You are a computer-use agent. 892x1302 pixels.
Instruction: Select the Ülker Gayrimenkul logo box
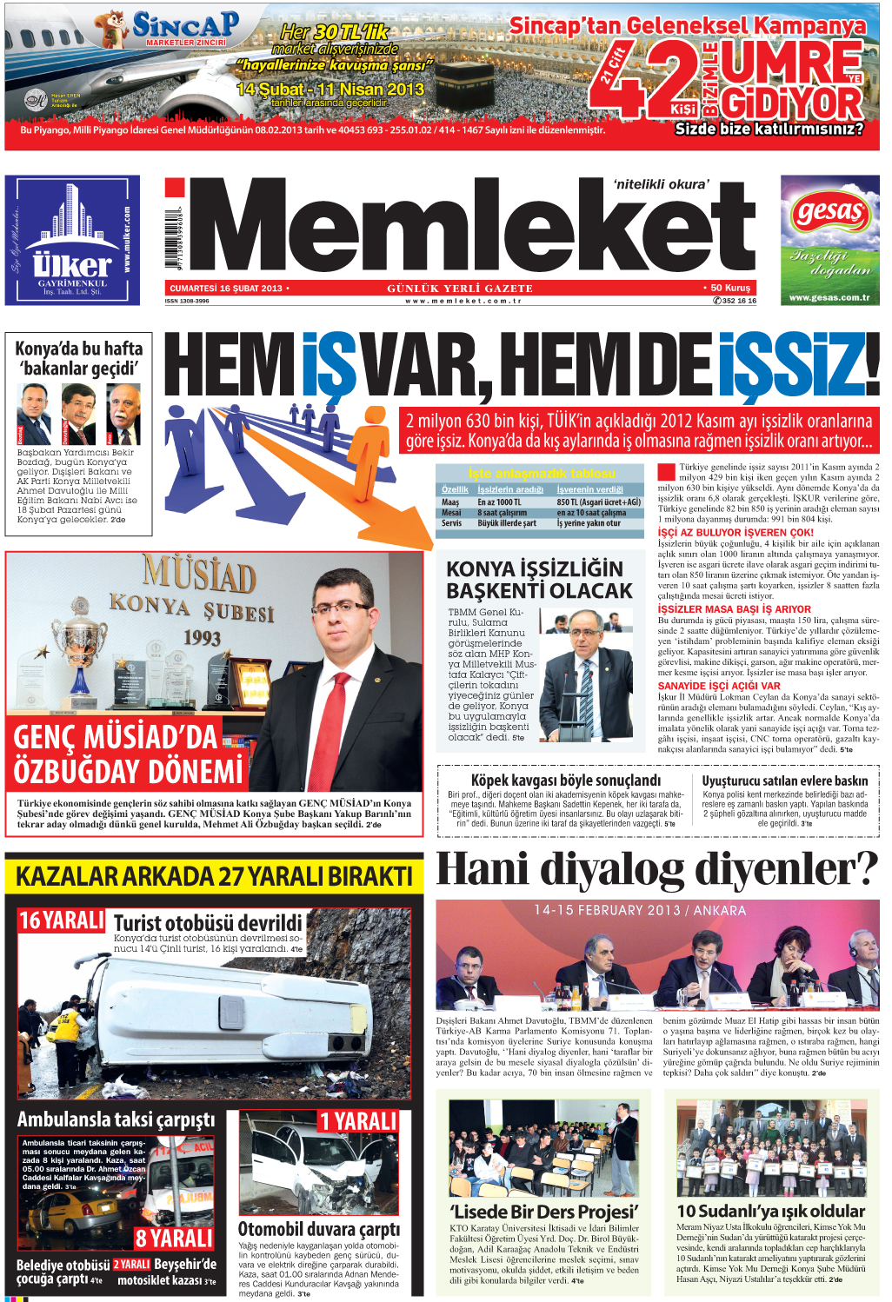(72, 240)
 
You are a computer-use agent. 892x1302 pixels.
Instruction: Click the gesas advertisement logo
(829, 211)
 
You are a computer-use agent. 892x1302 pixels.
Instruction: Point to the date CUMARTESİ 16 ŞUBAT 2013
(226, 289)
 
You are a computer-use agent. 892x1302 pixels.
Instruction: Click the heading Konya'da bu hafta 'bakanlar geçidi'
(78, 358)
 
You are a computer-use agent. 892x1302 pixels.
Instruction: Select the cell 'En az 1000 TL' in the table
(500, 502)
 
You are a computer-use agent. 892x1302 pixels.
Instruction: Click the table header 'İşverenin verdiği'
(589, 489)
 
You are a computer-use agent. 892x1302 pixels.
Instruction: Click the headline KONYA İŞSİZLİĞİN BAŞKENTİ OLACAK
(539, 580)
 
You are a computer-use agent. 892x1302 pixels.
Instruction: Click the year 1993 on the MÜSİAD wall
(202, 638)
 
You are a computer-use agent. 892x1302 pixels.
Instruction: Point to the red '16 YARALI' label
(62, 920)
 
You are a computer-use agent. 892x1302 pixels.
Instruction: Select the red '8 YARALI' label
(174, 1239)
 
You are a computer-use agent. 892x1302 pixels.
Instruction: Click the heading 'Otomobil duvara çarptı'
(319, 1229)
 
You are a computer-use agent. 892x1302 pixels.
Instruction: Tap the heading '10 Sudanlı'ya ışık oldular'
(770, 1211)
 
